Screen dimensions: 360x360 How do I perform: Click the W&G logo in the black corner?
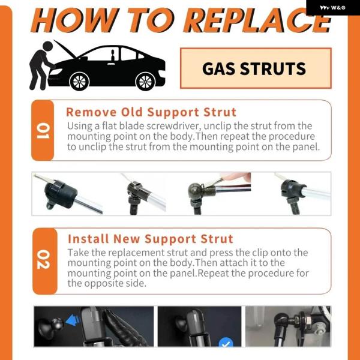[332, 8]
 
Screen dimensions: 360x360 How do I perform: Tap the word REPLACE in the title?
[257, 20]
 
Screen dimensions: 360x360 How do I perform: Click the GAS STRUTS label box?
[256, 68]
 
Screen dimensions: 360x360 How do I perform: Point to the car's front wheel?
[79, 82]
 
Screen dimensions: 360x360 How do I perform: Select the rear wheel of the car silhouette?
[145, 82]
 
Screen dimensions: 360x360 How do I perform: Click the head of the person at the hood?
[48, 46]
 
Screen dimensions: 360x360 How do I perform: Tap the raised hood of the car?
[65, 49]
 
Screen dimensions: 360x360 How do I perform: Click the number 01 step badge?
[43, 130]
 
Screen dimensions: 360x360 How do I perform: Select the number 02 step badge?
[44, 261]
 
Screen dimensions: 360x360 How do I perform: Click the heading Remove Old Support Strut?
[151, 112]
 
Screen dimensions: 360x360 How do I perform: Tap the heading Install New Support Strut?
[151, 239]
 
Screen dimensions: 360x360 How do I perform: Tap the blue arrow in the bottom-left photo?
[73, 320]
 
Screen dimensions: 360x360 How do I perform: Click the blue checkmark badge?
[226, 343]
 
